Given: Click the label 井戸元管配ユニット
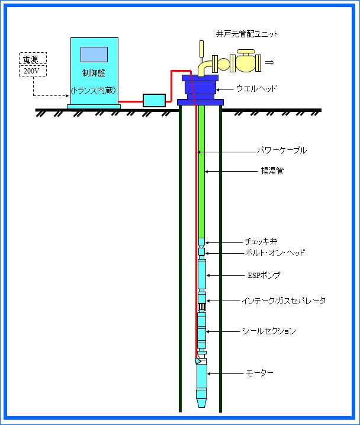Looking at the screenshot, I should click(x=247, y=34).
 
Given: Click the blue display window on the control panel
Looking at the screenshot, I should click(x=94, y=54).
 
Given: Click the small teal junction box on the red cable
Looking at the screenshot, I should click(x=154, y=100).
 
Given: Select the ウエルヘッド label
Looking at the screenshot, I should click(x=256, y=89).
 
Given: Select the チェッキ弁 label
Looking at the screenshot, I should click(x=261, y=242).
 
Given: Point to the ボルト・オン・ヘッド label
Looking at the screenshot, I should click(x=275, y=253).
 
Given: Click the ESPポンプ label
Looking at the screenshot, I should click(x=264, y=276).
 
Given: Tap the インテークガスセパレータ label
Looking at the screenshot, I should click(x=284, y=301).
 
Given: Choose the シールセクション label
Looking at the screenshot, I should click(x=269, y=331).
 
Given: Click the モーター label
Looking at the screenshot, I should click(x=259, y=373).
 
